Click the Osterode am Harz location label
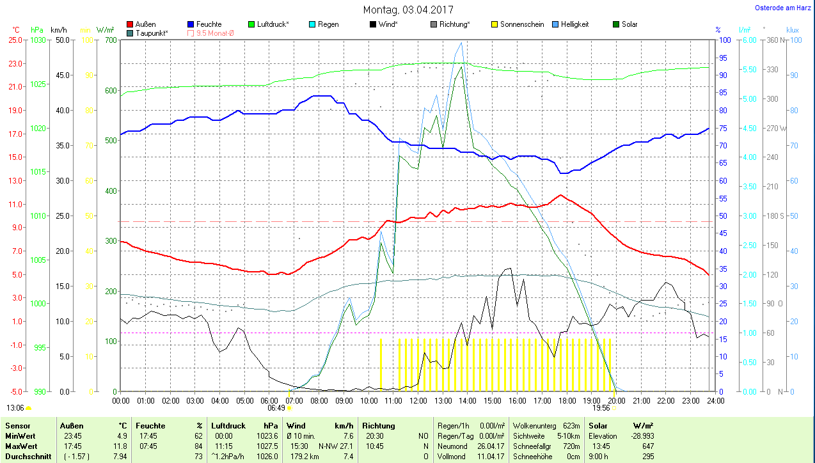point(783,8)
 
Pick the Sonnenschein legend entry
point(521,24)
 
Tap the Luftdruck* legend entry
point(273,24)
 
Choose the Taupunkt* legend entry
point(152,33)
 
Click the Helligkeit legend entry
point(574,24)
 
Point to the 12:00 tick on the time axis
point(418,400)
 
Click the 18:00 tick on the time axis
point(567,400)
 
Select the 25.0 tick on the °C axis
point(15,40)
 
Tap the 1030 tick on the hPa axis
point(38,40)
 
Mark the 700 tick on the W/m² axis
point(111,40)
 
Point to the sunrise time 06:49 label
point(276,407)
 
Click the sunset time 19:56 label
point(601,407)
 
